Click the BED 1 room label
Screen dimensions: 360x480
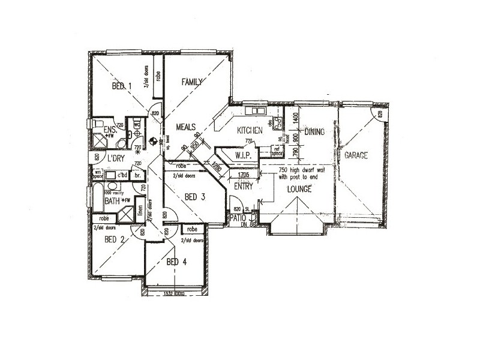(x=121, y=86)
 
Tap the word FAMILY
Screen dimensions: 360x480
(x=194, y=82)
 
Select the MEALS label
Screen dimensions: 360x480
(x=187, y=127)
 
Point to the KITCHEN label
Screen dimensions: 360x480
(x=250, y=130)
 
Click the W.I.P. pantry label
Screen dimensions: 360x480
(x=246, y=155)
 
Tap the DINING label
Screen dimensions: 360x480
(x=314, y=131)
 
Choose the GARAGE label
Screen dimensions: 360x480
(x=356, y=155)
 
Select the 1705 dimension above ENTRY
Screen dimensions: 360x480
(x=243, y=175)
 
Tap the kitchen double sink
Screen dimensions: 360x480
(x=259, y=111)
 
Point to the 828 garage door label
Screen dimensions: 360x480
(x=380, y=113)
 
